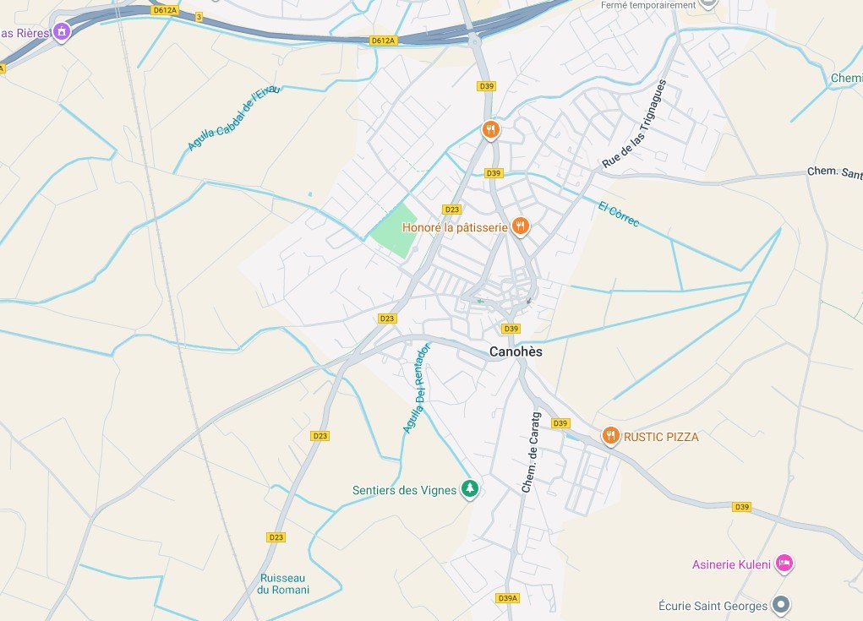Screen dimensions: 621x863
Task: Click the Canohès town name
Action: coord(516,352)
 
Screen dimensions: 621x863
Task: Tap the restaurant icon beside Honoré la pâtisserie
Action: coord(521,226)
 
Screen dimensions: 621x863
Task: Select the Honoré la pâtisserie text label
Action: coord(455,227)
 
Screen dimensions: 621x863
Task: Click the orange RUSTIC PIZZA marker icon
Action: coord(610,436)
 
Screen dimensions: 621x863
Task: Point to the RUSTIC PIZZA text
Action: coord(661,437)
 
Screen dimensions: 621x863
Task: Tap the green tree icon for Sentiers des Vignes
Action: coord(470,489)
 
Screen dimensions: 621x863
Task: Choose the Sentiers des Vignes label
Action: coord(404,490)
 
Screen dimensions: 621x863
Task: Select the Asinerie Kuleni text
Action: coord(731,564)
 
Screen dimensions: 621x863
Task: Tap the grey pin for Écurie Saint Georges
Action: coord(782,605)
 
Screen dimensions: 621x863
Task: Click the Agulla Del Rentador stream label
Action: coord(417,388)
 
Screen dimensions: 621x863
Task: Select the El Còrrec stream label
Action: coord(618,215)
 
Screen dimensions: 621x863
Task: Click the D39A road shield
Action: coord(507,598)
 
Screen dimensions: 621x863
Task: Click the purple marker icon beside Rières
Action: coord(61,32)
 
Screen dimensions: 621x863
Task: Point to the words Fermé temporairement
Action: coord(647,4)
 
